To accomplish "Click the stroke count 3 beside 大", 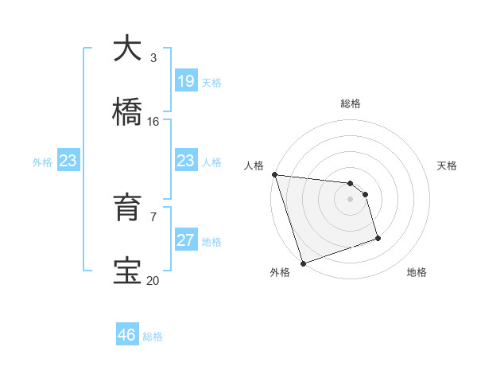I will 153,58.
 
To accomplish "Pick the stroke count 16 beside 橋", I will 153,122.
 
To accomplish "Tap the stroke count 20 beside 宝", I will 153,280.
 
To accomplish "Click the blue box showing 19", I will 186,81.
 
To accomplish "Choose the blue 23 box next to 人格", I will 186,162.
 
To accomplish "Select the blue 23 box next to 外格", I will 68,162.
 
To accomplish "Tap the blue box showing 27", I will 186,240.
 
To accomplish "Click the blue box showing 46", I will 127,335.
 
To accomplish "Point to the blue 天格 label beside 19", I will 211,82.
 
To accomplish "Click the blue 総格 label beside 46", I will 153,336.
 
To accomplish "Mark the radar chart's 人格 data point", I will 274,174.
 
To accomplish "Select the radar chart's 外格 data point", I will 303,263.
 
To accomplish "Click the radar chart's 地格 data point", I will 378,238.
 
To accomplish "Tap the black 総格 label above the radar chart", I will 350,103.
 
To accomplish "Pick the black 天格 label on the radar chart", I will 447,166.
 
